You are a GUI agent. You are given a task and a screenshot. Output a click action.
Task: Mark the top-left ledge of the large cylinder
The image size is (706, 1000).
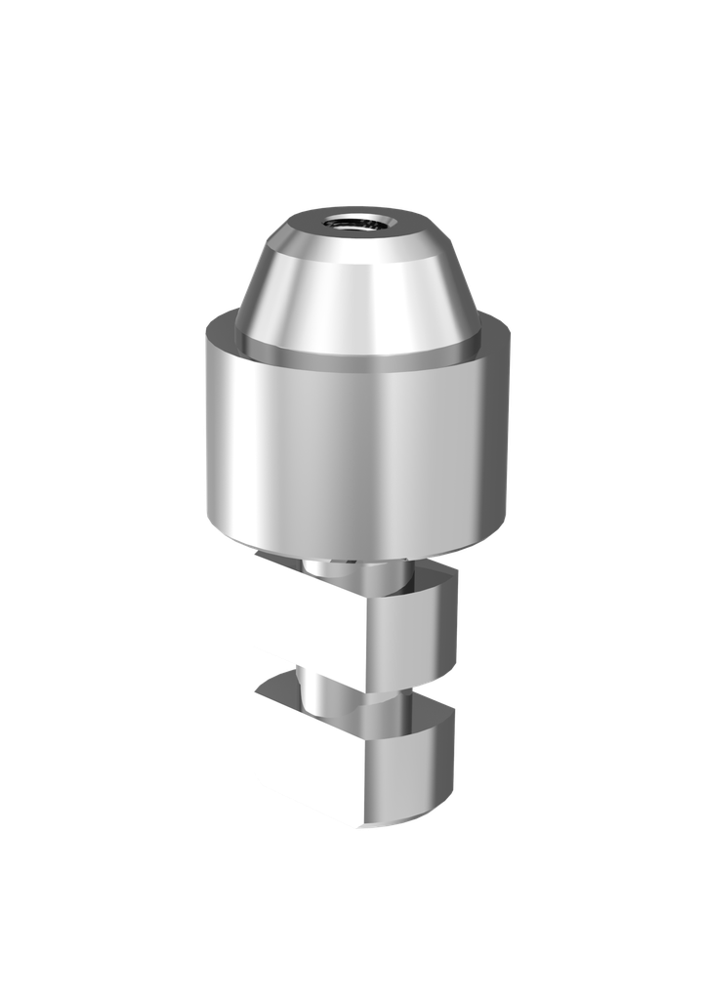point(223,328)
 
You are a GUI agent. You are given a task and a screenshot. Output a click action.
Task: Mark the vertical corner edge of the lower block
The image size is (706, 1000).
point(353,781)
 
